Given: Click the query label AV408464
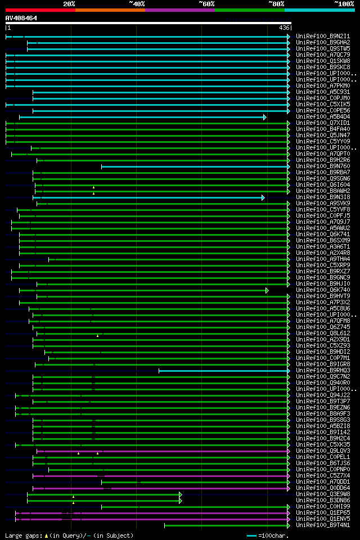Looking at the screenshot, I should point(21,18).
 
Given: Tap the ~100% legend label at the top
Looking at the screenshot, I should point(344,4).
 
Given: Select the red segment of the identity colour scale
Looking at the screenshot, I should point(40,10).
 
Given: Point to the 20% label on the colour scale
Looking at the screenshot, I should point(69,4).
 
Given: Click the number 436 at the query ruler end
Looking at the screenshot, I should point(284,28).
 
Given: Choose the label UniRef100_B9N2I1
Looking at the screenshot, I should point(323,36).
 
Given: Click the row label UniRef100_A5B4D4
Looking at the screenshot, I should point(323,116).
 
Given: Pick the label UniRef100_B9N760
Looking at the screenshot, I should point(323,166).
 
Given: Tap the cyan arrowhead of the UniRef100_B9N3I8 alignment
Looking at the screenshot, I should point(263,197).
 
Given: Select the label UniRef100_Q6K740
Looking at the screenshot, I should point(323,290).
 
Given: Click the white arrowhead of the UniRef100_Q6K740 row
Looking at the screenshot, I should point(267,290).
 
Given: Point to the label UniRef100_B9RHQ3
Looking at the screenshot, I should point(323,370).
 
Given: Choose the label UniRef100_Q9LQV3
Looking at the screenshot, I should point(323,451).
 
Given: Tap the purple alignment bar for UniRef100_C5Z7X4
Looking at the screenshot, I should point(169,476).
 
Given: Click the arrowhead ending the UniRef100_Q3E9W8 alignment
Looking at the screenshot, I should point(181,494).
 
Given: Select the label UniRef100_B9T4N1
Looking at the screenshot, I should point(323,525).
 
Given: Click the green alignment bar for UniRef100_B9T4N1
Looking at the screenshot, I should point(225,525).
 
